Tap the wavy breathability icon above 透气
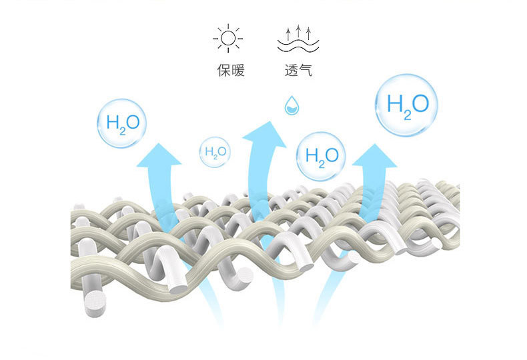(298, 39)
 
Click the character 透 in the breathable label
(291, 70)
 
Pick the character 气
(306, 70)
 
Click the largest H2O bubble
(406, 105)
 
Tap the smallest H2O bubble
(215, 153)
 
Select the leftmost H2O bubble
(121, 124)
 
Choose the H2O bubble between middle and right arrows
(321, 156)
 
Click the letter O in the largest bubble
(420, 104)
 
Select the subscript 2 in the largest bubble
(405, 113)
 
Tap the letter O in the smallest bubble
(222, 152)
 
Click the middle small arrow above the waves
(298, 30)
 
